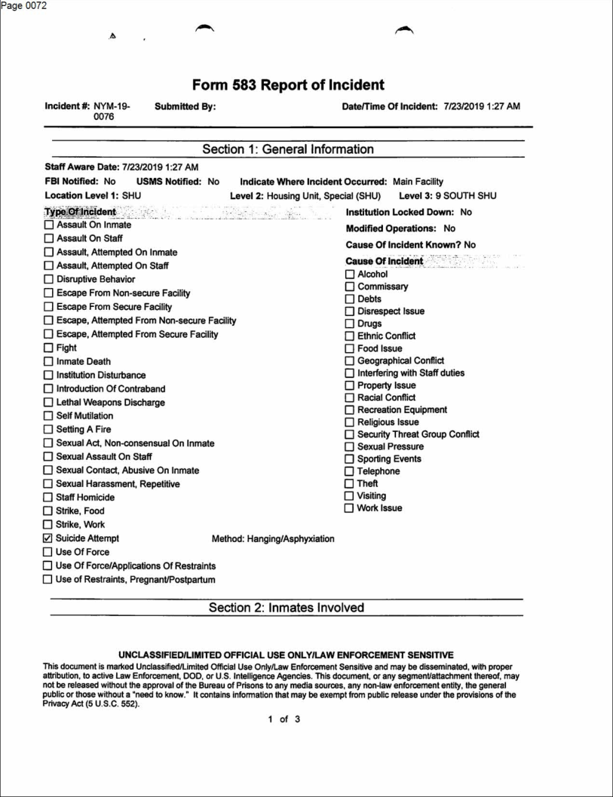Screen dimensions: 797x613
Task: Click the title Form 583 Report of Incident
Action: (x=288, y=84)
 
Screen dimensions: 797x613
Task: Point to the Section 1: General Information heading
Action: (x=288, y=149)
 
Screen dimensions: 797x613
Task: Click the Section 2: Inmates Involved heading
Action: (x=288, y=608)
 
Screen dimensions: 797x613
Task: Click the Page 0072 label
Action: (x=24, y=6)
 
